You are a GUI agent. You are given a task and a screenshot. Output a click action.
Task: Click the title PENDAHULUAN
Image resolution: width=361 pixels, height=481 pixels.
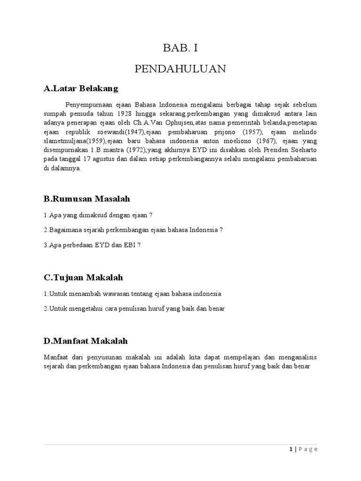click(x=180, y=70)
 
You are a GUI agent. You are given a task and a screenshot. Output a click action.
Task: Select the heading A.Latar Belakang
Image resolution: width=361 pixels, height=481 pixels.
click(x=81, y=88)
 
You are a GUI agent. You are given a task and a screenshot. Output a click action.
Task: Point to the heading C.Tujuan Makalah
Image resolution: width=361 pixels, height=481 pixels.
click(x=83, y=278)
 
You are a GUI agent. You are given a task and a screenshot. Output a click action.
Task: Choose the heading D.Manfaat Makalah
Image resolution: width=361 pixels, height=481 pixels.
click(x=86, y=341)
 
